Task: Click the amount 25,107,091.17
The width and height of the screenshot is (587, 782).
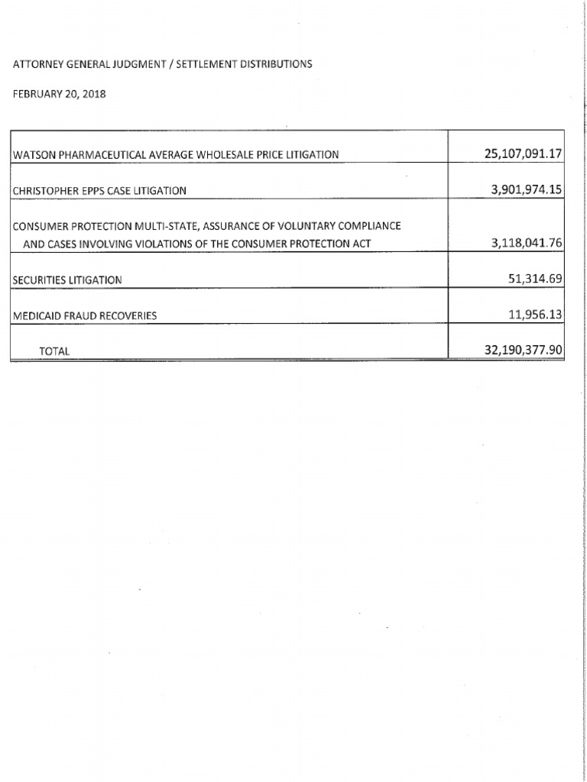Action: click(523, 153)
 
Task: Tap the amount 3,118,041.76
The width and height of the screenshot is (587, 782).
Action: click(527, 244)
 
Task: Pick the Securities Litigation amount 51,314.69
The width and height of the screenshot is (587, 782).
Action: click(535, 280)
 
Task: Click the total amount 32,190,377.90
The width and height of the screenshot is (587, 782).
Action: click(523, 350)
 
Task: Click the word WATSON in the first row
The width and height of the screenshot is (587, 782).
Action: click(31, 155)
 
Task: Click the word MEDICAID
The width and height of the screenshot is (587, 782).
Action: click(35, 315)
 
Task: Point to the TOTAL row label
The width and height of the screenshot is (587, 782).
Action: click(54, 351)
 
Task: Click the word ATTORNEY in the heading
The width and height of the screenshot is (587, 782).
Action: click(38, 64)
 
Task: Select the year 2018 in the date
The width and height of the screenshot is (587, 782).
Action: click(93, 95)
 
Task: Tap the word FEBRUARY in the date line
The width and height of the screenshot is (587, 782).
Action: click(38, 95)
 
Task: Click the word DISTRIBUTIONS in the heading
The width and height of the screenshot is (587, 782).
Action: click(275, 64)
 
